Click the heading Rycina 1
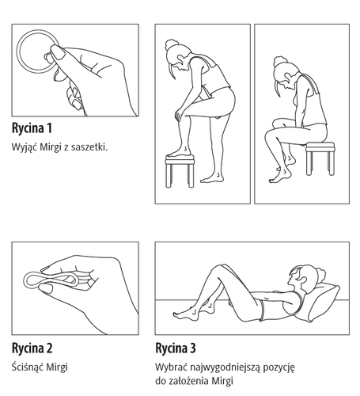pyautogui.click(x=32, y=128)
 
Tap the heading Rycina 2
pyautogui.click(x=32, y=348)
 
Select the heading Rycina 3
pyautogui.click(x=176, y=348)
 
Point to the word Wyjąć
pyautogui.click(x=25, y=147)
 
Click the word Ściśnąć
pyautogui.click(x=28, y=367)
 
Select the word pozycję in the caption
pyautogui.click(x=279, y=368)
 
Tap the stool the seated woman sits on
pyautogui.click(x=320, y=158)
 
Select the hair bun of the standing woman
pyautogui.click(x=171, y=45)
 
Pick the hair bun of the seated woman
pyautogui.click(x=280, y=62)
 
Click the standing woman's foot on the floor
pyautogui.click(x=212, y=178)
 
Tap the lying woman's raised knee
pyautogui.click(x=219, y=268)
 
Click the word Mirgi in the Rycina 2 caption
pyautogui.click(x=57, y=367)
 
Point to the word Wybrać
pyautogui.click(x=171, y=367)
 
